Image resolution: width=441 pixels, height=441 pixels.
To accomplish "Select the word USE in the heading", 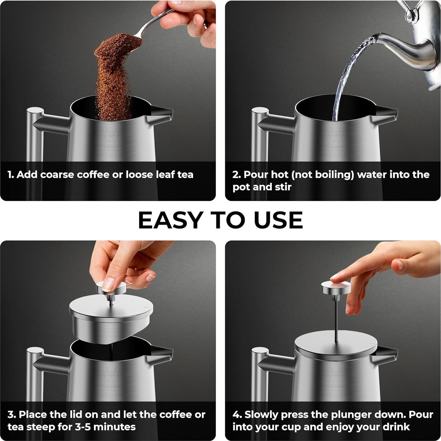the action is click(x=278, y=220).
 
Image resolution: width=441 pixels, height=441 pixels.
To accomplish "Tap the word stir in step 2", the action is click(x=283, y=187).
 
